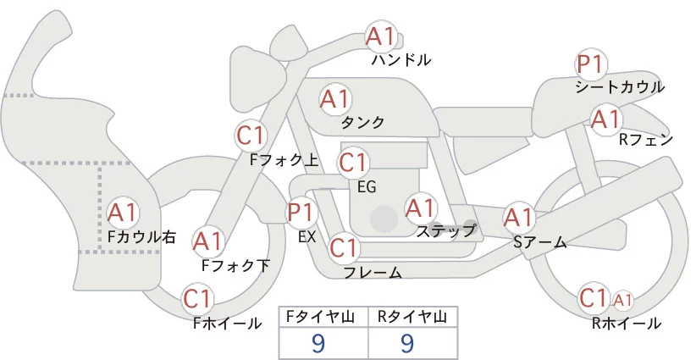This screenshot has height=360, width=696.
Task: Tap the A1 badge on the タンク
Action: [334, 99]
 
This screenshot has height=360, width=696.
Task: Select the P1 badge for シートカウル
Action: [589, 64]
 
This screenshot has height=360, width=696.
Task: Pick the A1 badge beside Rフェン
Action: [605, 119]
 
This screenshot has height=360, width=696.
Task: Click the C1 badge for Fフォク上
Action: [251, 136]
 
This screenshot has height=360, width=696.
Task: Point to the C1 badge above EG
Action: [353, 162]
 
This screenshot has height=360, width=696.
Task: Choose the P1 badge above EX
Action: [301, 212]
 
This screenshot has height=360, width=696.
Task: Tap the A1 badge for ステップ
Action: [420, 208]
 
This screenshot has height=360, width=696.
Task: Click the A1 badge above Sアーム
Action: [518, 218]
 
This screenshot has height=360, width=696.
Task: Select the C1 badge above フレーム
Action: [343, 249]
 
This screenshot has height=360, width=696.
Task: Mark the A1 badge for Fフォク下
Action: [207, 242]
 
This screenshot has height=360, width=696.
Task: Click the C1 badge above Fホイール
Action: [198, 299]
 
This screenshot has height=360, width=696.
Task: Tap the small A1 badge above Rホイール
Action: [622, 299]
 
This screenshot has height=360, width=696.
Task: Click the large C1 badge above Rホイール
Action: [594, 298]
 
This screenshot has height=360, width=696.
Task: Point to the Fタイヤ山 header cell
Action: [323, 318]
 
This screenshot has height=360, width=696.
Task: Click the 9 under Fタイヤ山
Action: [318, 343]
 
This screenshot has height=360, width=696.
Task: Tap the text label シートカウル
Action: [619, 87]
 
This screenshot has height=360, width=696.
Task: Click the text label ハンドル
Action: [401, 60]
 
